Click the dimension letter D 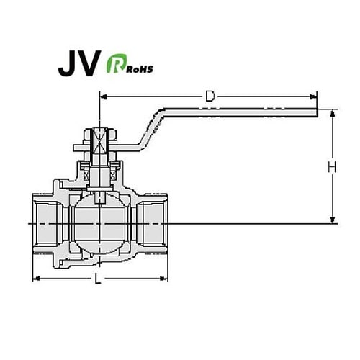(x=210, y=96)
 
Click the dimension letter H (x=332, y=167)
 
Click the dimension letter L (x=99, y=278)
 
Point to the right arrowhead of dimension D (x=314, y=96)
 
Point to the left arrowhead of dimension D (x=102, y=96)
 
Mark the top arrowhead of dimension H (x=333, y=113)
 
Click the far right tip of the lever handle (x=315, y=112)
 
